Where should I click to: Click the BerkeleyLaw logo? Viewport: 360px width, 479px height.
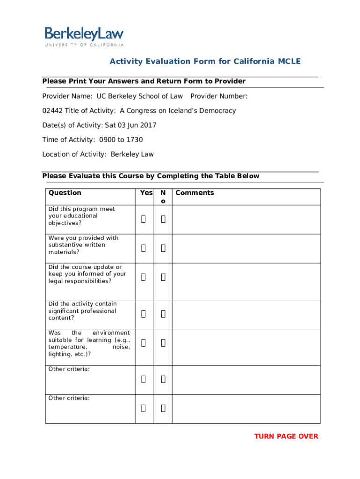click(x=84, y=36)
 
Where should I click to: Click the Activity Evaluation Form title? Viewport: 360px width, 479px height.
click(x=205, y=62)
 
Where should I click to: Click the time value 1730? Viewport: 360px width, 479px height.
click(x=135, y=140)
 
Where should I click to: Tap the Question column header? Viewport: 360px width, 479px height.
click(x=65, y=193)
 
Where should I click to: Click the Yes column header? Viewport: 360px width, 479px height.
click(x=146, y=193)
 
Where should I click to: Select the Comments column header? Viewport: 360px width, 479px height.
click(x=194, y=193)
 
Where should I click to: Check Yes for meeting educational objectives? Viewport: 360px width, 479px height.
click(x=144, y=219)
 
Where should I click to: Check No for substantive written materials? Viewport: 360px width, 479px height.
click(x=163, y=248)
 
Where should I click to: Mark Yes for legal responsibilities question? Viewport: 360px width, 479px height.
click(x=144, y=277)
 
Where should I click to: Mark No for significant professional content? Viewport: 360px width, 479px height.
click(x=163, y=314)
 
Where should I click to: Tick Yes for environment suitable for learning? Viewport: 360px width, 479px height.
click(x=144, y=343)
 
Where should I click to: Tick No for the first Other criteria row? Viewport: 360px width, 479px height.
click(x=163, y=379)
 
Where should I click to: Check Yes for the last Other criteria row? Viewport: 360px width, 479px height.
click(x=144, y=408)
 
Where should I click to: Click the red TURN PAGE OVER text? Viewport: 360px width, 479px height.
click(x=286, y=436)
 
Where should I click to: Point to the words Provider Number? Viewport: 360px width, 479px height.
click(x=219, y=96)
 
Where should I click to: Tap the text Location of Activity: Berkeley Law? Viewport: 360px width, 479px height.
click(x=98, y=154)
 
